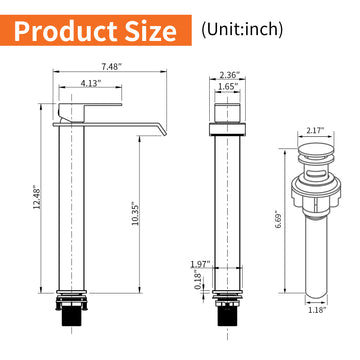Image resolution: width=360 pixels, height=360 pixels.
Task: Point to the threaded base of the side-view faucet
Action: (x=67, y=322)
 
